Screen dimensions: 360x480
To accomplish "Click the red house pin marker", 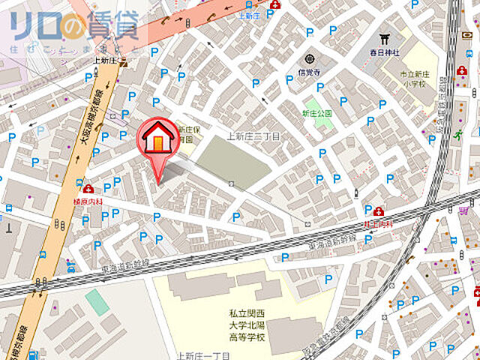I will coord(158,139).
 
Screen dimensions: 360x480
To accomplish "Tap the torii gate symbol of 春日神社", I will coord(385,38).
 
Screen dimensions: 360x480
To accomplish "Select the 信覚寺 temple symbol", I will coord(309,60).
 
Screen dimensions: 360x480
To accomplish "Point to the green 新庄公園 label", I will coord(316,112).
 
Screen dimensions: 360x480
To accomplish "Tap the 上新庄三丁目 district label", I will coord(253,136).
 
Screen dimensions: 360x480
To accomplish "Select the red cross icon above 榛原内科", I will coord(89,189).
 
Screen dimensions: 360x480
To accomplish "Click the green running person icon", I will coord(457,135).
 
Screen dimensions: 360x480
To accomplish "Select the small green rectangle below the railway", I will coord(96,301).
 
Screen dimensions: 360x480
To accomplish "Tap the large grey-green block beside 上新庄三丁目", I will coord(233,162).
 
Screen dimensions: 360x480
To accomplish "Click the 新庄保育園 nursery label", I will coord(184,133).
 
